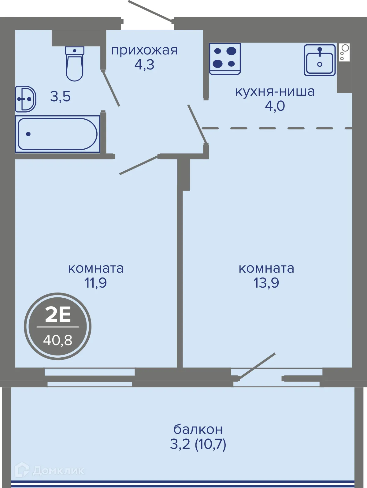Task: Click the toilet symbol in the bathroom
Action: [x=75, y=64]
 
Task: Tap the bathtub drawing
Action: [x=57, y=134]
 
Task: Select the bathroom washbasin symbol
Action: [x=25, y=99]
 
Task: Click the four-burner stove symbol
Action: [x=225, y=59]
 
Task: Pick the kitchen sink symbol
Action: [x=320, y=60]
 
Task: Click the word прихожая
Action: [x=144, y=50]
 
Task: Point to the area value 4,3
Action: [x=144, y=65]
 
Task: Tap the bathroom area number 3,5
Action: [x=61, y=96]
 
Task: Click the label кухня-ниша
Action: [x=275, y=91]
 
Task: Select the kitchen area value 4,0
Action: [x=275, y=106]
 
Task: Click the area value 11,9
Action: [x=95, y=283]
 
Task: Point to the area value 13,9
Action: [x=266, y=283]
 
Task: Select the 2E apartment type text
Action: [x=58, y=315]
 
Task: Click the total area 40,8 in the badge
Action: [x=58, y=340]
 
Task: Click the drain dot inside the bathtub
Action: [x=28, y=134]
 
